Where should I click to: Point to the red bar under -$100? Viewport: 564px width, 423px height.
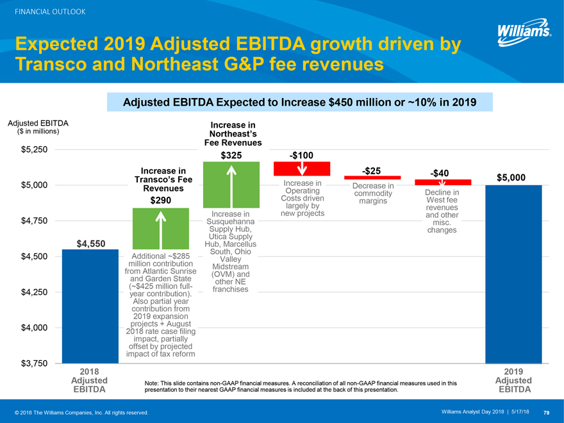301,169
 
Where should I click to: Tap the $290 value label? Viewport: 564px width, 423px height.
160,201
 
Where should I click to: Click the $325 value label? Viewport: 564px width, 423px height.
231,155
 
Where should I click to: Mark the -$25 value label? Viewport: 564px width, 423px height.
372,170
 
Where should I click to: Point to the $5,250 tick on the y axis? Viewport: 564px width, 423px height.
33,150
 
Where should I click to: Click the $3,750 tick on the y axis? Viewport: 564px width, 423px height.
33,364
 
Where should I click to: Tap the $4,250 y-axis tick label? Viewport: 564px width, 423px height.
33,293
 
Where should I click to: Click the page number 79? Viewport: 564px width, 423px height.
546,412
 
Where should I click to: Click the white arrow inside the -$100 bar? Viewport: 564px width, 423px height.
302,167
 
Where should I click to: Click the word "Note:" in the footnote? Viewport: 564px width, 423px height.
154,383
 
